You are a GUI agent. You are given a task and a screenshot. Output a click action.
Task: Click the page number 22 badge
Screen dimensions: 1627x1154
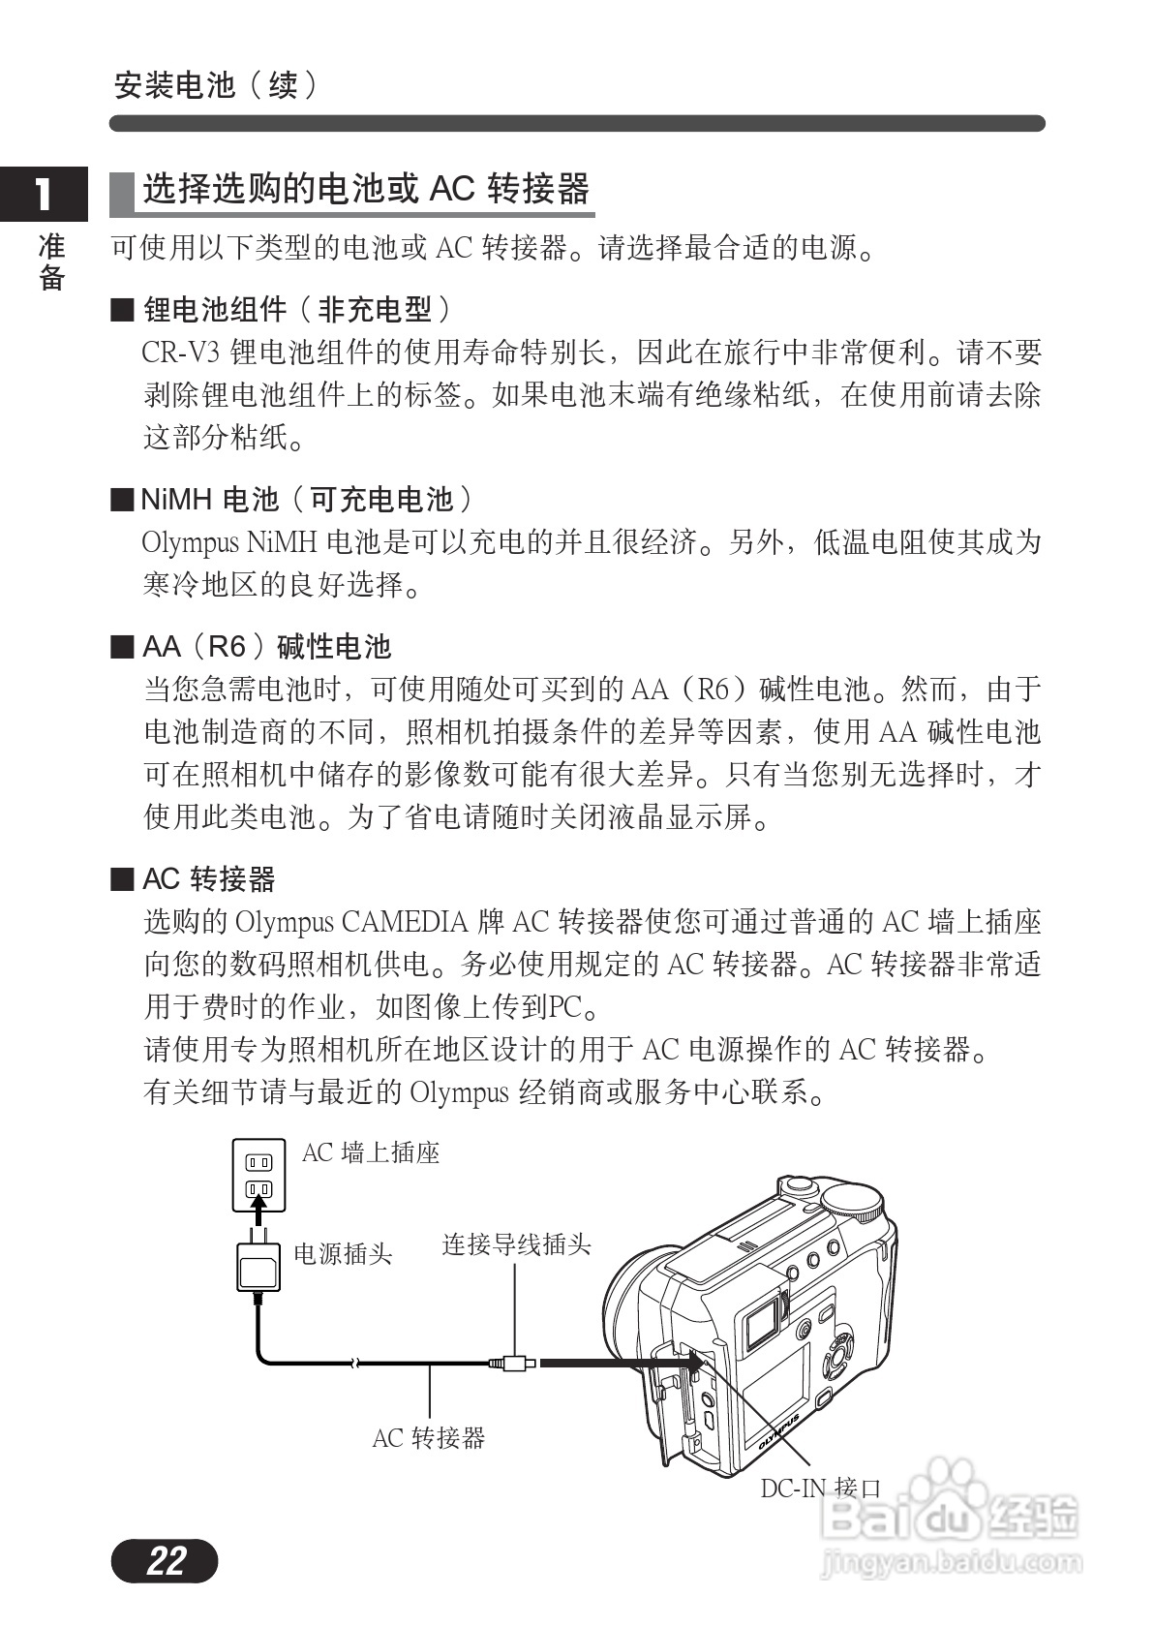[165, 1560]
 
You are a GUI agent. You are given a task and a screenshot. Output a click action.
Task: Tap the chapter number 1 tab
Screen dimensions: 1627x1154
[44, 195]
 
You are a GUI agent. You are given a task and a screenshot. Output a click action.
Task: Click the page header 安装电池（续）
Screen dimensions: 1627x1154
[215, 86]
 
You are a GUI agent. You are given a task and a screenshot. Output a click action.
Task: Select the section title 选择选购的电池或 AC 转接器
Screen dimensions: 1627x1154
[366, 189]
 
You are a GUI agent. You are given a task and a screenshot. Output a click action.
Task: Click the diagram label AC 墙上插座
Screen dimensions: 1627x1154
[371, 1152]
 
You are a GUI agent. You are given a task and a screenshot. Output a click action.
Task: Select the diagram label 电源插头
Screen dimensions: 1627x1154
[343, 1254]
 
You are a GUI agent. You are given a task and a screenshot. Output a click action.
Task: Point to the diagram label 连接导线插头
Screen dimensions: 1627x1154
[516, 1244]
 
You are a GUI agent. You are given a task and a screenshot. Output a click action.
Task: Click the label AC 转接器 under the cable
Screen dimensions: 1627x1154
[428, 1438]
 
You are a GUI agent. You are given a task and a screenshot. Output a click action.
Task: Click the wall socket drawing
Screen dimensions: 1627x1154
[258, 1175]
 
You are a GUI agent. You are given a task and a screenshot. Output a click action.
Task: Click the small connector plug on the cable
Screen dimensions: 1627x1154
[514, 1364]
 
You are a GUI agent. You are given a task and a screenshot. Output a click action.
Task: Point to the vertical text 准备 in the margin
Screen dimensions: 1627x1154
[51, 261]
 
